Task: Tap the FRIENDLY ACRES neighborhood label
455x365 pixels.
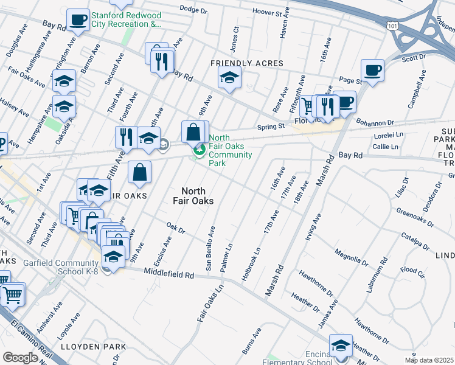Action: (x=247, y=63)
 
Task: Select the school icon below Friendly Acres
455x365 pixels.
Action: (x=229, y=77)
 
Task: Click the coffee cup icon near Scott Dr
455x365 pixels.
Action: (x=372, y=69)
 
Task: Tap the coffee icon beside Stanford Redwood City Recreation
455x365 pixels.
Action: (x=77, y=19)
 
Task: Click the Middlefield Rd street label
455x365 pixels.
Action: (x=168, y=275)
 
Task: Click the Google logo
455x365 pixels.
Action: (x=20, y=358)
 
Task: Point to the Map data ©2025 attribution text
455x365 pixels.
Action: (x=429, y=360)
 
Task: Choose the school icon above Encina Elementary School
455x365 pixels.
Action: (x=341, y=345)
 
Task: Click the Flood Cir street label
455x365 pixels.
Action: (x=411, y=269)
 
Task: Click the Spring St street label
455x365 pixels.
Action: (x=271, y=127)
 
